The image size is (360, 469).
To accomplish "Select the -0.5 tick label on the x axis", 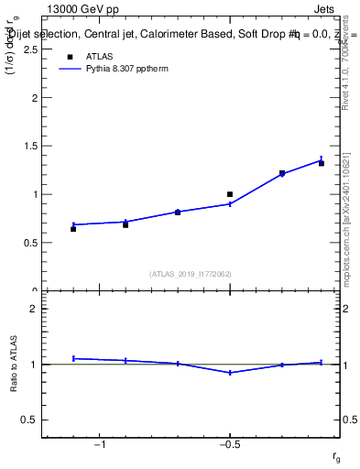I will tap(228, 445).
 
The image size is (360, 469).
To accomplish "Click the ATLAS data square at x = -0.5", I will tap(230, 194).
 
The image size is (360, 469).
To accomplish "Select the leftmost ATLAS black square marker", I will tap(73, 228).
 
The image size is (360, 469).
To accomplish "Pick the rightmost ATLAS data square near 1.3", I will tap(322, 163).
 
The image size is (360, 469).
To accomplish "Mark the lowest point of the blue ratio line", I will tap(230, 373).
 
